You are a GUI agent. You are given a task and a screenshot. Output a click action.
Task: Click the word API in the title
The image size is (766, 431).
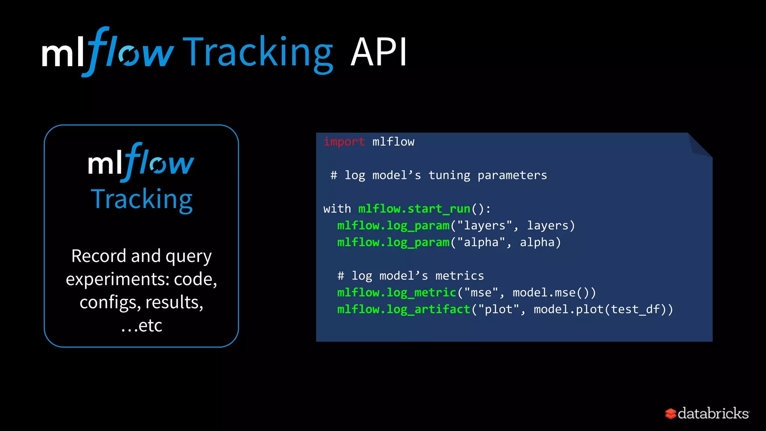coord(379,52)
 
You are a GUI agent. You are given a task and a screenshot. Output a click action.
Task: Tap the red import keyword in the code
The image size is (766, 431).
coord(344,142)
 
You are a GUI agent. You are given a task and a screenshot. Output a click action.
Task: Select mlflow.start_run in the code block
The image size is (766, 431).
coord(414,209)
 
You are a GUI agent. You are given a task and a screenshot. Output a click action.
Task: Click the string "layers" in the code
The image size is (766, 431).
coord(485,226)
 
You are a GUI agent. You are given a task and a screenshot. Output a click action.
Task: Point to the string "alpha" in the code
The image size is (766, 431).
coord(481,242)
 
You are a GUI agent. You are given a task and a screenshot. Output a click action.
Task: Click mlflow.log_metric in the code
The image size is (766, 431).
coord(396,293)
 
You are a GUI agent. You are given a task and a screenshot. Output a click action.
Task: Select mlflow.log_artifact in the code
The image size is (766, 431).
coord(404,309)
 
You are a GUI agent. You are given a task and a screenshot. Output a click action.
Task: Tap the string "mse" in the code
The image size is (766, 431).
coord(481,293)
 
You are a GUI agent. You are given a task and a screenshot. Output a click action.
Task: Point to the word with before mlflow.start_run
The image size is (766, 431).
coord(337,209)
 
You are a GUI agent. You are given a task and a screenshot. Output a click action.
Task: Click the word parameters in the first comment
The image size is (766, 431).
coord(512,175)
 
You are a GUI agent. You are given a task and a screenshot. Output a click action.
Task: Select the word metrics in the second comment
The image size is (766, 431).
coord(459,276)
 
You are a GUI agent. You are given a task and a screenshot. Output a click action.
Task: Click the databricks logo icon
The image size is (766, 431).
coord(670,414)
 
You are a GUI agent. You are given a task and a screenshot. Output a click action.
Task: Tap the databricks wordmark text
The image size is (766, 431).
coord(713,413)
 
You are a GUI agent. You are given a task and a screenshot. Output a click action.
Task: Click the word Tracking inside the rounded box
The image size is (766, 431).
coord(142,199)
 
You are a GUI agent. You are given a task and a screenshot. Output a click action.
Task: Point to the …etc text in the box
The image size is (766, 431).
coord(142,325)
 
